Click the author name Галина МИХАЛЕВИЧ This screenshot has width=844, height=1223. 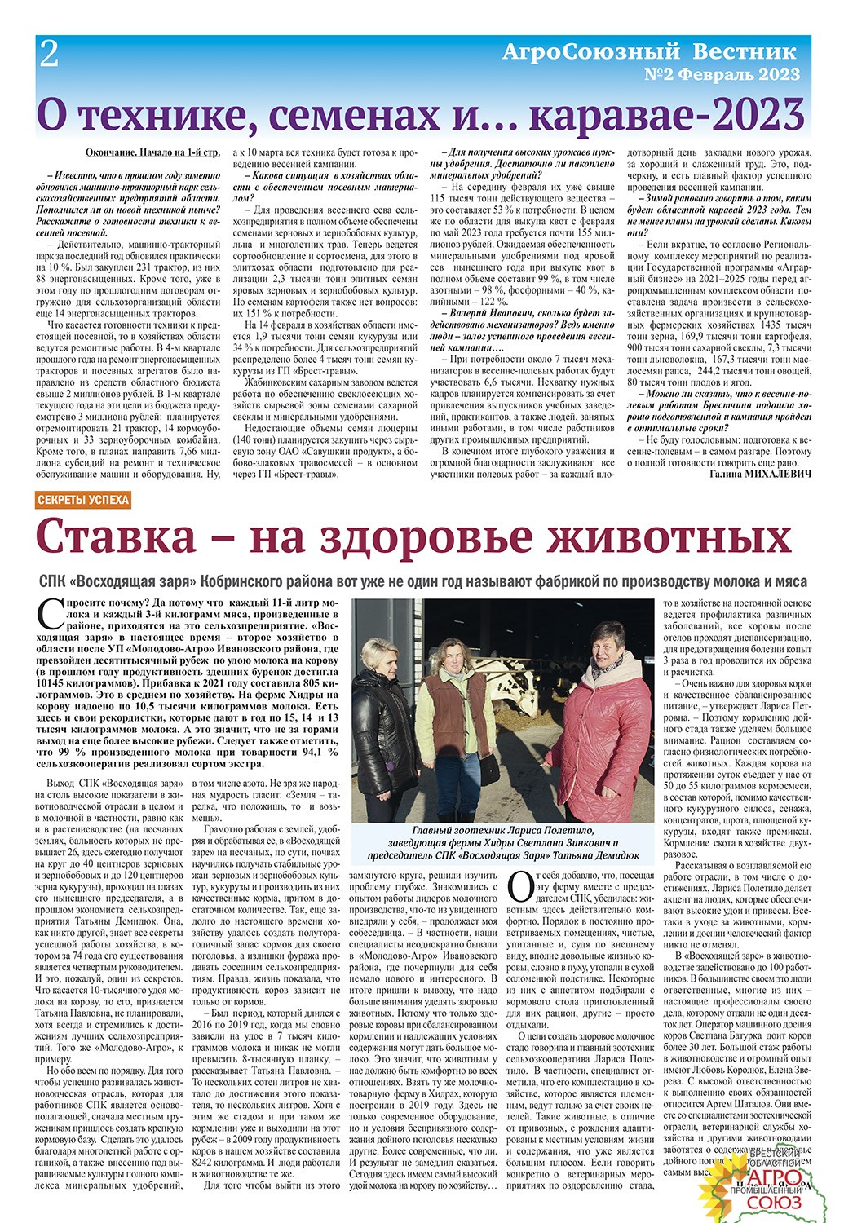[760, 473]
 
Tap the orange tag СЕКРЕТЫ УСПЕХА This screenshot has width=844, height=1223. [83, 500]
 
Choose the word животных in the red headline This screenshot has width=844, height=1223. [663, 538]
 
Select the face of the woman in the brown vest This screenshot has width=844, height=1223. [452, 656]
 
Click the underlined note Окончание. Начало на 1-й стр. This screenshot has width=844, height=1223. [152, 152]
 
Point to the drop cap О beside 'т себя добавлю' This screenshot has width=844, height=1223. [518, 885]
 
